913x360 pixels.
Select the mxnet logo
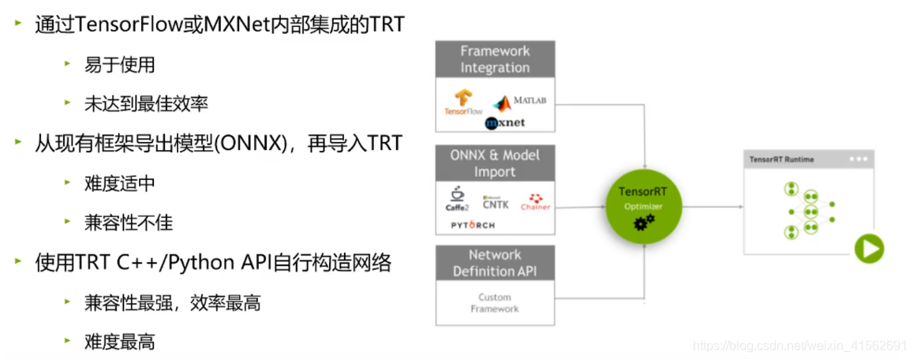(505, 123)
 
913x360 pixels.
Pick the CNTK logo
(496, 202)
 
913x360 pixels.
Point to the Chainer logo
(535, 201)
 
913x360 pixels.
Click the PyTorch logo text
(473, 225)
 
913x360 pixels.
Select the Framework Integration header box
(495, 59)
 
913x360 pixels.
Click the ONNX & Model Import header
(495, 163)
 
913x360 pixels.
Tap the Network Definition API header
(495, 263)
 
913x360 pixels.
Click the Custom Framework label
(495, 303)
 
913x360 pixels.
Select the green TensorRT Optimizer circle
(643, 207)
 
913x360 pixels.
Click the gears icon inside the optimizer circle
(644, 223)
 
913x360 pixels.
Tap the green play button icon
(869, 250)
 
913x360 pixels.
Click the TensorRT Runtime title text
(780, 159)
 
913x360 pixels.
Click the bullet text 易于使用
(119, 65)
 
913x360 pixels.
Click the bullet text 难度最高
(119, 341)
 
